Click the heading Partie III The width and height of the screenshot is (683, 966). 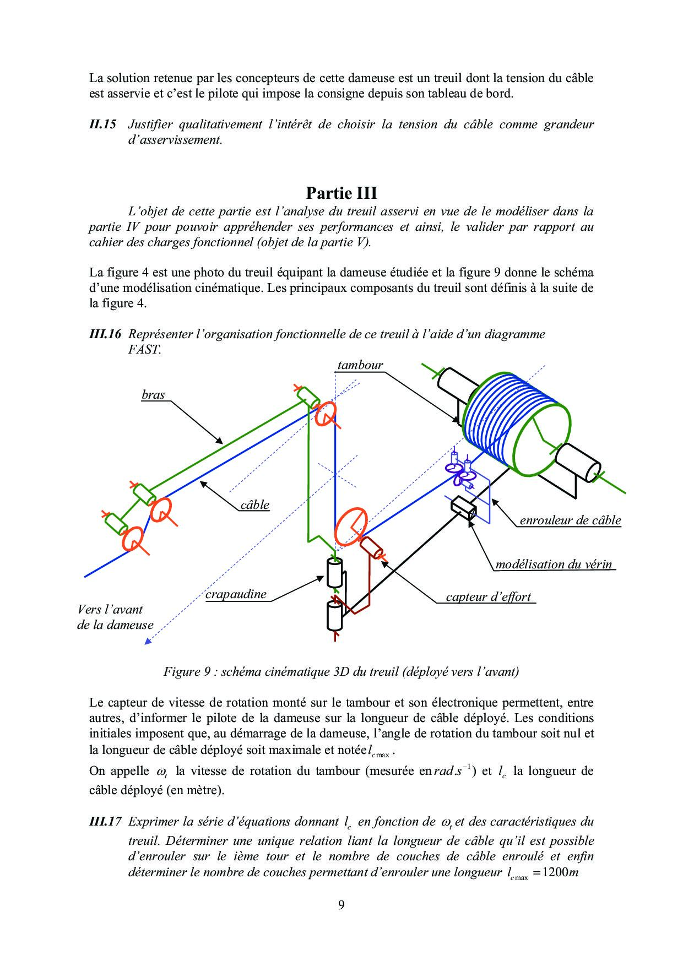pyautogui.click(x=341, y=193)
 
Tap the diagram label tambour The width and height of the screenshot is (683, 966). pyautogui.click(x=360, y=365)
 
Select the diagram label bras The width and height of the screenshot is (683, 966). pyautogui.click(x=153, y=394)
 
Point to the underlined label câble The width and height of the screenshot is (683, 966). pyautogui.click(x=255, y=504)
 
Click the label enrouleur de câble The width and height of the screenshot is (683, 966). pyautogui.click(x=570, y=520)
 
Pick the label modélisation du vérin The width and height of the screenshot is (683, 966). pyautogui.click(x=554, y=564)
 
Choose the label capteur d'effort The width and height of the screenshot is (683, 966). pyautogui.click(x=488, y=596)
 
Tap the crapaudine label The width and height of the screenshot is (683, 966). pyautogui.click(x=236, y=594)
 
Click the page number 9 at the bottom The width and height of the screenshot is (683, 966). pyautogui.click(x=341, y=905)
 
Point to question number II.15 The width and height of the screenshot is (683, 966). pyautogui.click(x=102, y=124)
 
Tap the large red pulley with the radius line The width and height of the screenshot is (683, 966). pyautogui.click(x=351, y=527)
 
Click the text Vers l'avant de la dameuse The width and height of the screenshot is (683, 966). pyautogui.click(x=115, y=617)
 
